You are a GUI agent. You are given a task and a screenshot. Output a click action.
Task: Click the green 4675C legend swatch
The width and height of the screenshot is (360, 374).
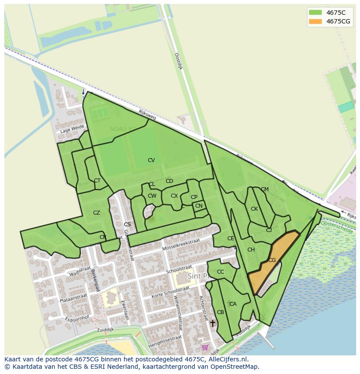coord(315,12)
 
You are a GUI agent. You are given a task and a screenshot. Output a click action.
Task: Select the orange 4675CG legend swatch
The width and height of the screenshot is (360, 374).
coord(315,21)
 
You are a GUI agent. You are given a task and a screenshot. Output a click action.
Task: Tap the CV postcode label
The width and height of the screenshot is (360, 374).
coord(151,160)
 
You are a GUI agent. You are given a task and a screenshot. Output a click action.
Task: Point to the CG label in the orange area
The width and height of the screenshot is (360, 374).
coord(272,260)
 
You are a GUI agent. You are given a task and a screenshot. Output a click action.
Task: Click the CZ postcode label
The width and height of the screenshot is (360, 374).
coord(97,213)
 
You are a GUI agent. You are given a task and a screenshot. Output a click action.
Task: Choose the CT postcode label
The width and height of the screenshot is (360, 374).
coord(97,181)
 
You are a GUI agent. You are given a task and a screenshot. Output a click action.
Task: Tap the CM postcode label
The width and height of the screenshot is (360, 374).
coord(265,189)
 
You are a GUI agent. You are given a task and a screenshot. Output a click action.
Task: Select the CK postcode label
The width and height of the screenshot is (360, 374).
coord(254,209)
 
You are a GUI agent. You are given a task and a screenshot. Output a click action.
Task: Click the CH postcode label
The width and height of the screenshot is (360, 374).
coord(251,250)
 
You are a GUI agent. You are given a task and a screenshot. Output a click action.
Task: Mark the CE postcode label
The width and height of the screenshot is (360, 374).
coord(230,238)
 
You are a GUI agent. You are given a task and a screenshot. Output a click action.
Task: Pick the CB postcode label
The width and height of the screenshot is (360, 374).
coord(220,312)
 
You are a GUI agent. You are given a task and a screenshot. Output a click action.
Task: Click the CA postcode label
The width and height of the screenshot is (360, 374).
coord(233,304)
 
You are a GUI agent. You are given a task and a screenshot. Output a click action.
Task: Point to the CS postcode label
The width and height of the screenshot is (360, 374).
coord(127,225)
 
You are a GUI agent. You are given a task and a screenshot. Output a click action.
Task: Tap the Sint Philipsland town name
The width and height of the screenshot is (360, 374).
coord(214,276)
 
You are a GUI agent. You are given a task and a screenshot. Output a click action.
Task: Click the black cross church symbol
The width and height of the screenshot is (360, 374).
coord(213,323)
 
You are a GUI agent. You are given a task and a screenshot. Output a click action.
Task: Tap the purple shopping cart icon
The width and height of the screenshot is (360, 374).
coord(205,347)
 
